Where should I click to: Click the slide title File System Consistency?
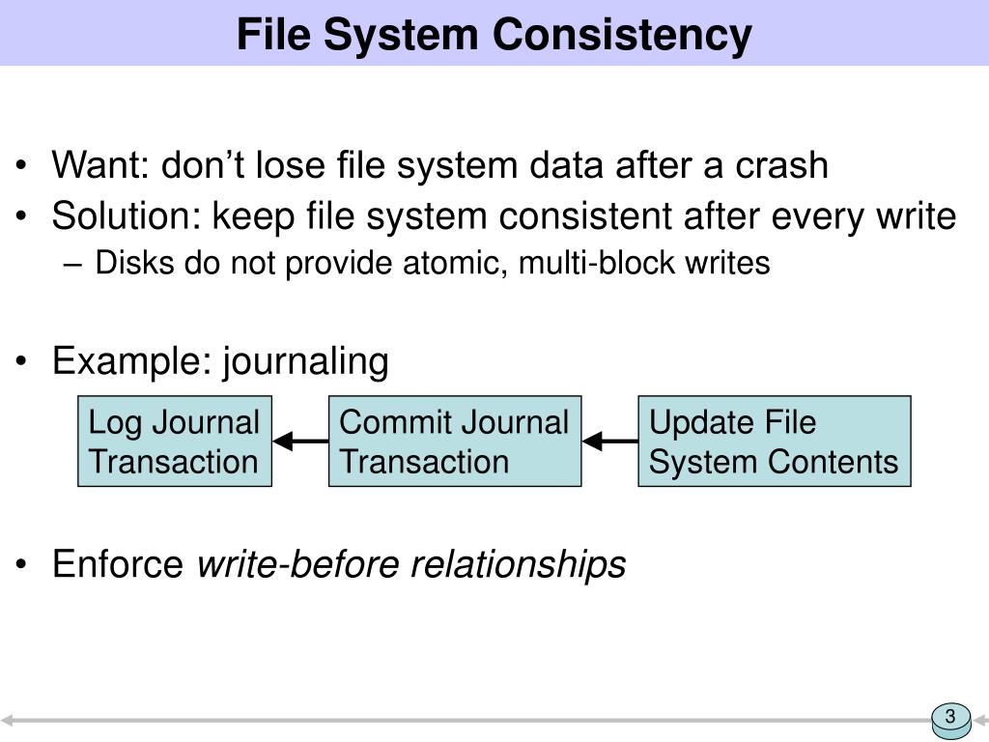coord(494,35)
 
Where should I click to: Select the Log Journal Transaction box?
coord(175,442)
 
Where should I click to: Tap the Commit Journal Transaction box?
coord(455,442)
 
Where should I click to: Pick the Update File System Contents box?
coord(774,442)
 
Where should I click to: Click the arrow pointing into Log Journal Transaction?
coord(300,442)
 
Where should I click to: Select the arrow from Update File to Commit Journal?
coord(609,442)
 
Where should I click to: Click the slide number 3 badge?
coord(950,717)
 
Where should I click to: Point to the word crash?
coord(782,165)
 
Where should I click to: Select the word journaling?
coord(306,362)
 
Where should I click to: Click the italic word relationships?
coord(519,564)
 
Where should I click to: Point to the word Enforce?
coord(119,564)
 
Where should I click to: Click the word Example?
coord(132,362)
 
